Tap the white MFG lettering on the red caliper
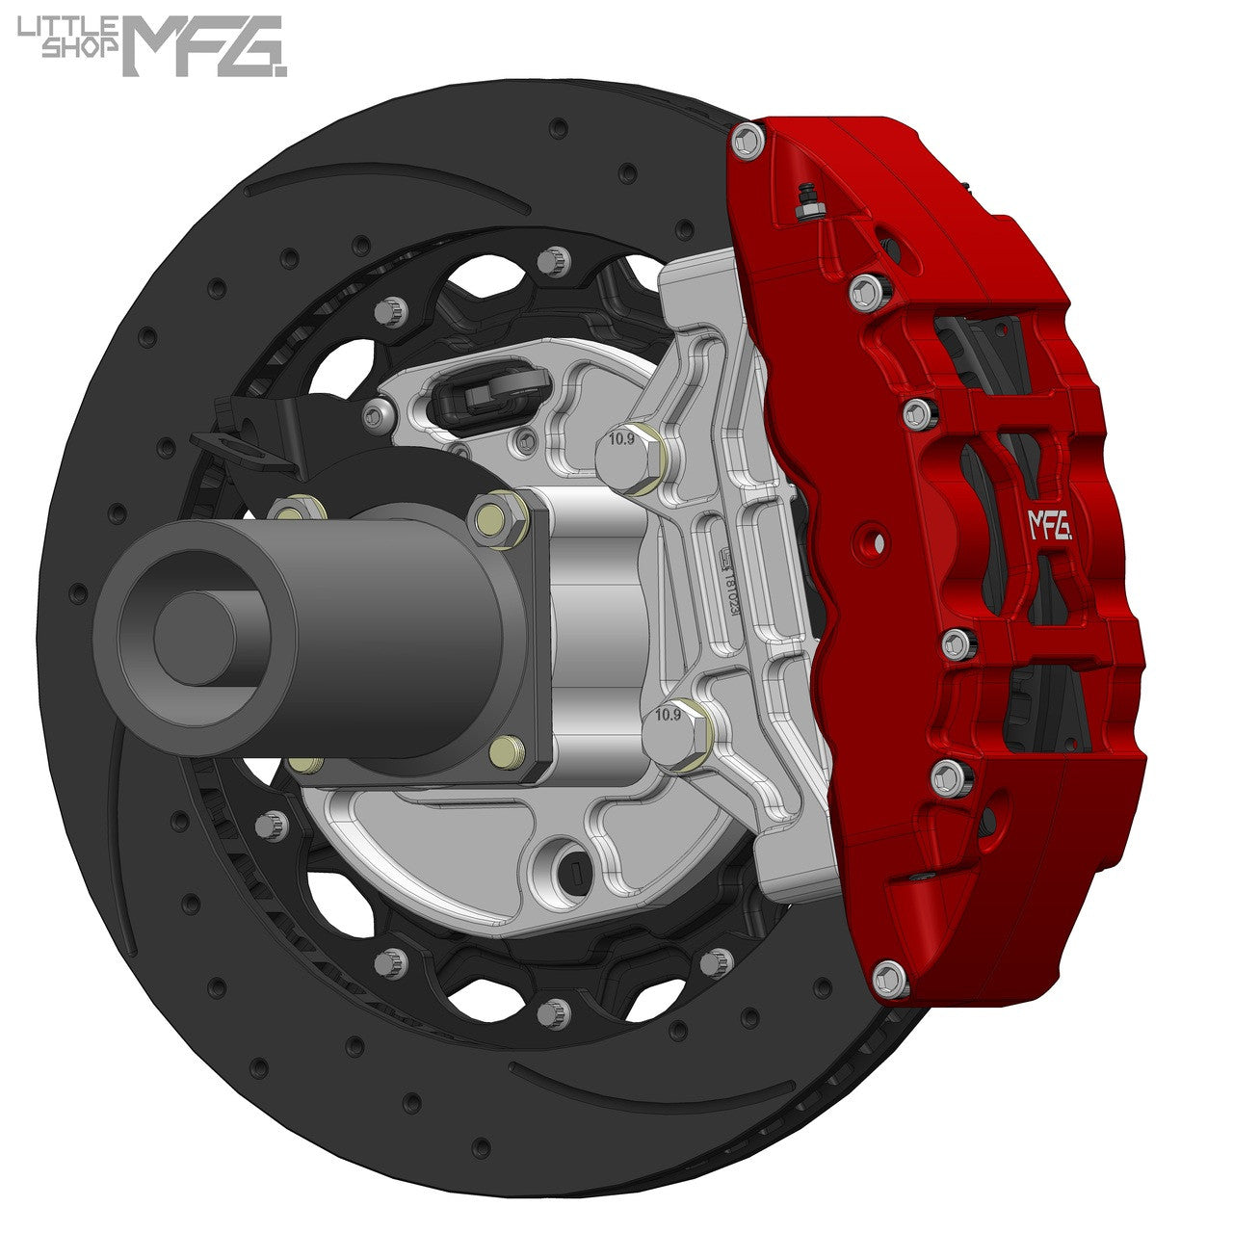[1050, 525]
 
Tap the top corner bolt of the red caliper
[748, 142]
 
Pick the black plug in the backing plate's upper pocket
[481, 390]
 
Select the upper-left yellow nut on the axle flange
[289, 509]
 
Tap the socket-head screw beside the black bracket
[378, 414]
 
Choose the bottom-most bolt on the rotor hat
[553, 1011]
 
